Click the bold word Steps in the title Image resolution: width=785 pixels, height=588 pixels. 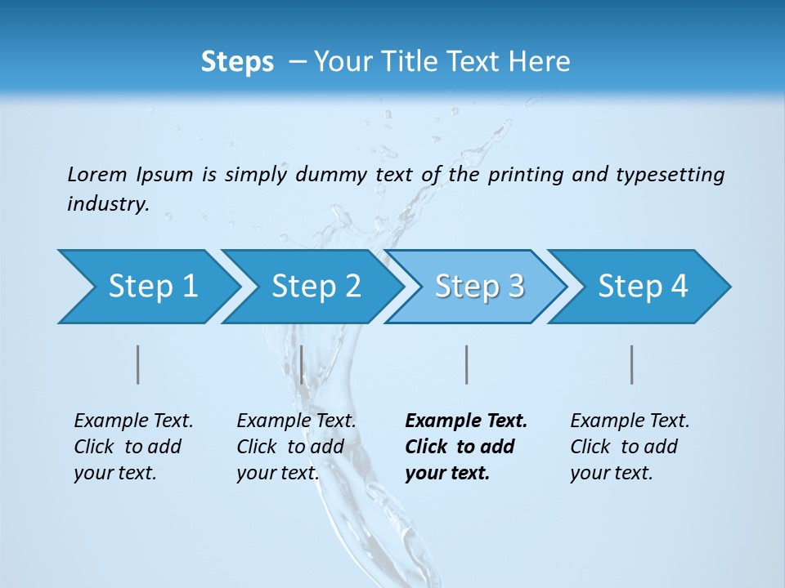[x=237, y=62]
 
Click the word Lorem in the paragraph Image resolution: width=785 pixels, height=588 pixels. [x=96, y=174]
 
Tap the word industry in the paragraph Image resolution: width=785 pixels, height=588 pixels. [x=108, y=204]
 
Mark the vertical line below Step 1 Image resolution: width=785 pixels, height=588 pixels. [x=138, y=364]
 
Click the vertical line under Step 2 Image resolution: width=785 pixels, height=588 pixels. [x=302, y=364]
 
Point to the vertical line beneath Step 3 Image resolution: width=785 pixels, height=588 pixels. [x=466, y=364]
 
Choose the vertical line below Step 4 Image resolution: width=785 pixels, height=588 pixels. [x=632, y=364]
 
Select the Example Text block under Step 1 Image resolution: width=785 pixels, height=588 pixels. [x=133, y=447]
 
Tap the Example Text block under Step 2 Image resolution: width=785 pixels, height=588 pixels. [x=296, y=447]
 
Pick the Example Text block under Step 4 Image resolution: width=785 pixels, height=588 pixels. [x=630, y=447]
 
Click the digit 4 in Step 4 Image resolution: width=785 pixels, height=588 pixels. [x=679, y=287]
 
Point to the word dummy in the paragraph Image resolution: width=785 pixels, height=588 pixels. [x=332, y=174]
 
